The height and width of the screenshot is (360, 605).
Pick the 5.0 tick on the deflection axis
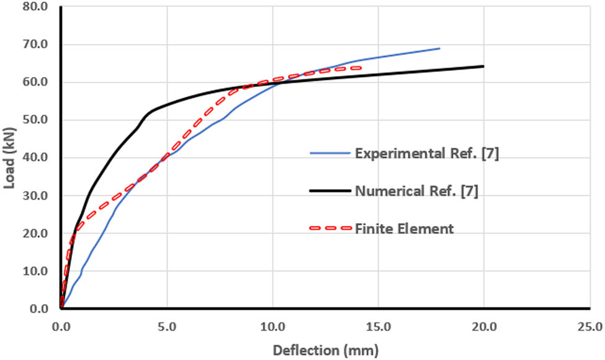[x=167, y=326]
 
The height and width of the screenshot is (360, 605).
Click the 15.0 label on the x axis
[x=378, y=326]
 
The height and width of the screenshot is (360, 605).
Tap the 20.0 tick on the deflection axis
[x=483, y=326]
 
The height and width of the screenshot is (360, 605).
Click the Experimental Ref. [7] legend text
[x=427, y=154]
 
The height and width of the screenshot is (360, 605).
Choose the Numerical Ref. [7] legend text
[x=416, y=191]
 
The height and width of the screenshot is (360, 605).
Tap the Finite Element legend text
[x=405, y=228]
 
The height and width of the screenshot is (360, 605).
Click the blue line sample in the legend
[x=329, y=154]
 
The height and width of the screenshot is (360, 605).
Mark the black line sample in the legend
[x=329, y=191]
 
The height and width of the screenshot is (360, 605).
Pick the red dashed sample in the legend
[x=329, y=228]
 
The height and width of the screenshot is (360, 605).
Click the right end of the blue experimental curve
[x=439, y=48]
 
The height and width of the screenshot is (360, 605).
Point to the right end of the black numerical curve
[x=483, y=66]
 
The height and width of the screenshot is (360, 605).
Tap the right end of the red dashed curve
[x=360, y=68]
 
